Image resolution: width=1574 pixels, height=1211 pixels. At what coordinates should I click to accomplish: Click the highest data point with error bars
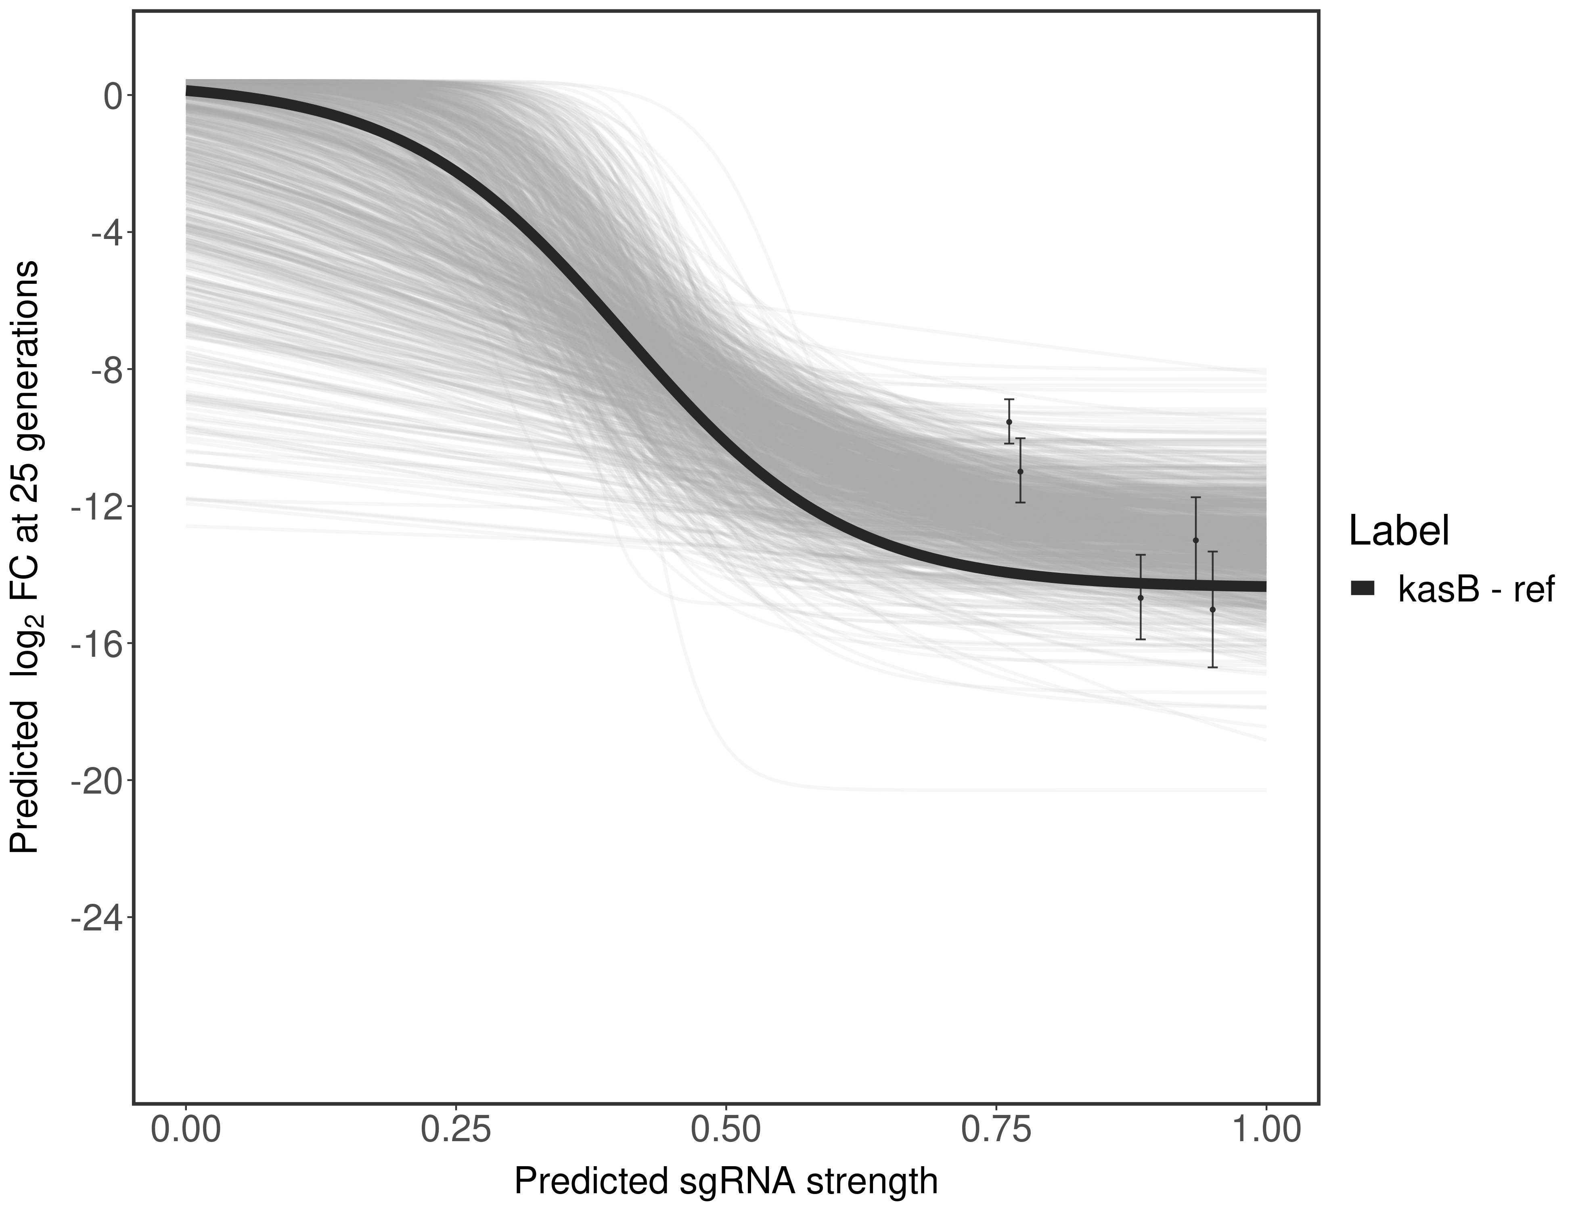tap(1009, 422)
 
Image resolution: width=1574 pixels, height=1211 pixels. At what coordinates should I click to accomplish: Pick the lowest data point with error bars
tap(1213, 609)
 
